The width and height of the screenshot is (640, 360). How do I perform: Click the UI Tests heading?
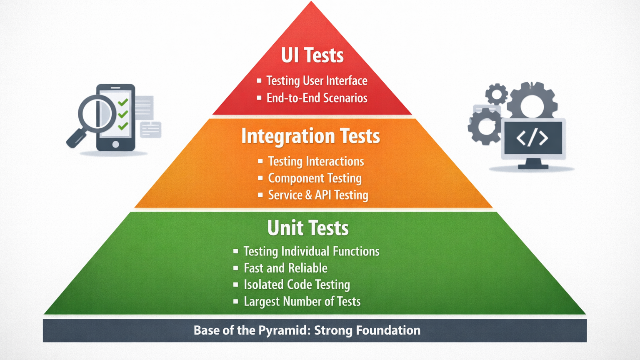(312, 55)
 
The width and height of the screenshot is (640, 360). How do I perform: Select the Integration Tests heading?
(310, 136)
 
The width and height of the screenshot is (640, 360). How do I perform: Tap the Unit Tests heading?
(308, 228)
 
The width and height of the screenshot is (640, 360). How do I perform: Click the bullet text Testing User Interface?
(317, 80)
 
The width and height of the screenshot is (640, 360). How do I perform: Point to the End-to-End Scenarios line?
(317, 98)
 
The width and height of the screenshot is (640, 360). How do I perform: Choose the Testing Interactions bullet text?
(316, 161)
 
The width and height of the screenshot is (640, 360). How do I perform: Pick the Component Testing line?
(315, 178)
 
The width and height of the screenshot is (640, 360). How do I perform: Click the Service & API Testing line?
(318, 195)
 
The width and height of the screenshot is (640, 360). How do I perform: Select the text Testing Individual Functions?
(311, 251)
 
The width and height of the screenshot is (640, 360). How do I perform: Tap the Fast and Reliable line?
(285, 268)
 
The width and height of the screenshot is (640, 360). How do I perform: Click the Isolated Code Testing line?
(297, 285)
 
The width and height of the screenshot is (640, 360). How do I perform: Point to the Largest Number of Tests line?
(302, 301)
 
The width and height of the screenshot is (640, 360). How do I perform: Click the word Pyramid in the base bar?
(285, 330)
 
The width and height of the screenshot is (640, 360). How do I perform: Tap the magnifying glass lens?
(97, 113)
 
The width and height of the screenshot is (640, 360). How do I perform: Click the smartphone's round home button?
(115, 144)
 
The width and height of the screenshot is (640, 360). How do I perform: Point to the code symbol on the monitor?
(532, 138)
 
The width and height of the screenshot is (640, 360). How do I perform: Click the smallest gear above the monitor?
(496, 94)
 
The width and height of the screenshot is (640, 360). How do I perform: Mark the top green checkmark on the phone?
(123, 102)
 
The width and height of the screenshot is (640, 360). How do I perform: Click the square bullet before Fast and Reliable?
(235, 268)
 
